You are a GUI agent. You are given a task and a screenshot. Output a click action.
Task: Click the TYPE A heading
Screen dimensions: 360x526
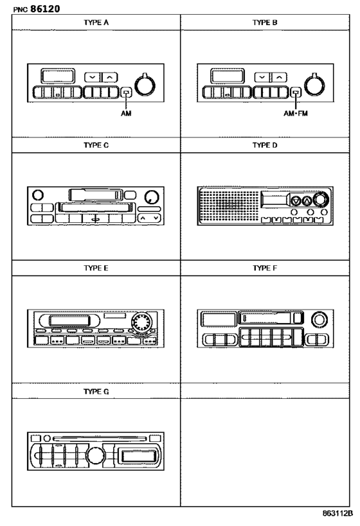(96, 22)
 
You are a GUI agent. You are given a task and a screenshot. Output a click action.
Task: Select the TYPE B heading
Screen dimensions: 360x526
(265, 22)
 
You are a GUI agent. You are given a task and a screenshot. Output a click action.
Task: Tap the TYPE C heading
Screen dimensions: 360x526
(96, 145)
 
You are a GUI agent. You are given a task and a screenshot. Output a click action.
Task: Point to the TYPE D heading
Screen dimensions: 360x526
(265, 145)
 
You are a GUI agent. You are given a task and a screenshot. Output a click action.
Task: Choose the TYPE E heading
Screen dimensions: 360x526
(96, 268)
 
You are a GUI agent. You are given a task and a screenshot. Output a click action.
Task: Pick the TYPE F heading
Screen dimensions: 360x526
(265, 268)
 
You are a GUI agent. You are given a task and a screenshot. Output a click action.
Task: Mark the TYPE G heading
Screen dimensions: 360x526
(96, 392)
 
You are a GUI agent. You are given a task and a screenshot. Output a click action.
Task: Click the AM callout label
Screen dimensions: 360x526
(126, 114)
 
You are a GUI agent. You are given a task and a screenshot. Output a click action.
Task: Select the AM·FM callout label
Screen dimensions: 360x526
(296, 114)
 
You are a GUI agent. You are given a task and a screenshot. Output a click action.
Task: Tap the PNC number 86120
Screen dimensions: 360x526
(46, 9)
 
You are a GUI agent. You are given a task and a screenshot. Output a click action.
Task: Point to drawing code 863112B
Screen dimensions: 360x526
(338, 513)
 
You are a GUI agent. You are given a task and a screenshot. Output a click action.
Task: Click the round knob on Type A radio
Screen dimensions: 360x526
(145, 85)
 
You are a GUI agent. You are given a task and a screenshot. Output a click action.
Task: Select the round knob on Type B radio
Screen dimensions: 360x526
(314, 85)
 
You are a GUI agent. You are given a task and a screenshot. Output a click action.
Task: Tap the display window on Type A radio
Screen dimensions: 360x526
(58, 76)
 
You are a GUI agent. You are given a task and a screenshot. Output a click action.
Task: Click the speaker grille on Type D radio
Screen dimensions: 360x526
(229, 205)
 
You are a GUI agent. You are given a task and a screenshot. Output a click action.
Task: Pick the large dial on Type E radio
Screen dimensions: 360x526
(141, 322)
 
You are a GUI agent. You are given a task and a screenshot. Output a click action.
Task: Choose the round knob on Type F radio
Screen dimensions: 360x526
(319, 319)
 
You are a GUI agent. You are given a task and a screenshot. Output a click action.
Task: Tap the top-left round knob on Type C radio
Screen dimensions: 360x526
(38, 195)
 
